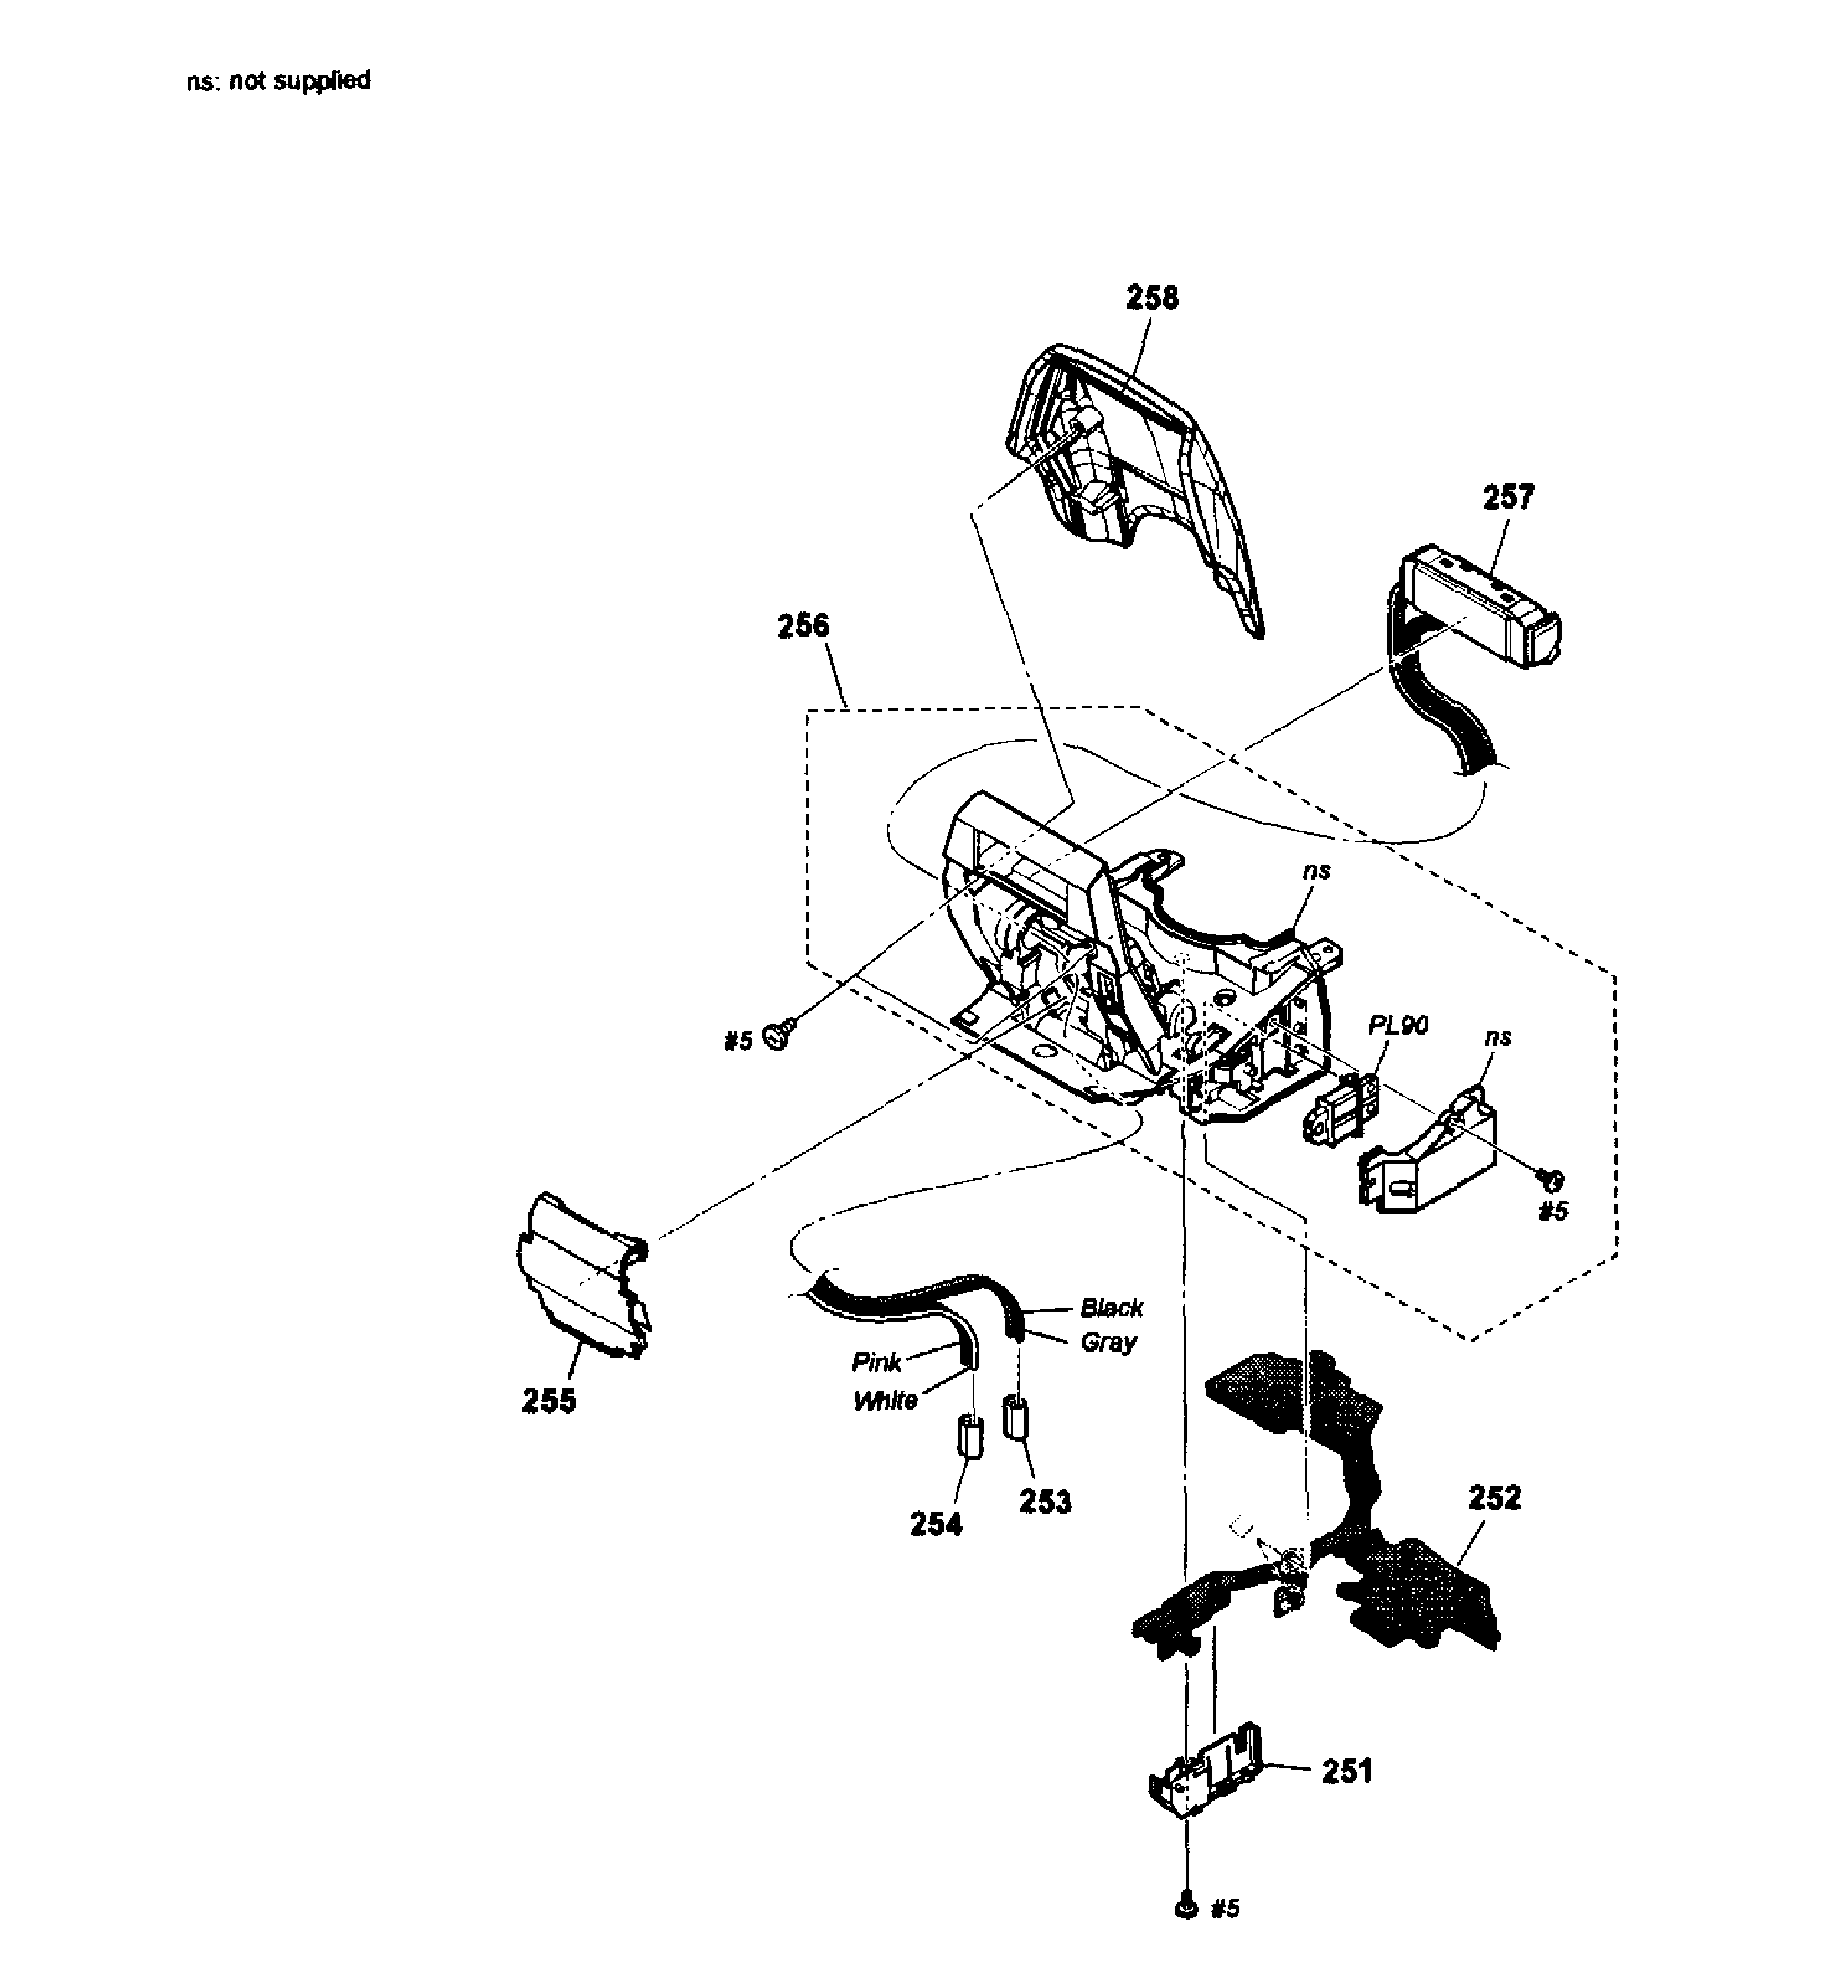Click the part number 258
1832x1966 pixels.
point(1152,298)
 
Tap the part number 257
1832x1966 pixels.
point(1508,496)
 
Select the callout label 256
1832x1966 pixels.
point(803,626)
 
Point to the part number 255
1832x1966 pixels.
point(548,1401)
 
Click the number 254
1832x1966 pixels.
point(935,1524)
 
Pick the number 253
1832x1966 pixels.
point(1045,1501)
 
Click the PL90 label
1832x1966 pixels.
point(1398,1026)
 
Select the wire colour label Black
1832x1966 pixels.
point(1111,1309)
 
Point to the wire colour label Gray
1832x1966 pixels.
point(1108,1342)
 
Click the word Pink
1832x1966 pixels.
point(877,1363)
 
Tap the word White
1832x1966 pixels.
point(885,1401)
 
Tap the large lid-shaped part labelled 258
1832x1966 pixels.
point(1137,475)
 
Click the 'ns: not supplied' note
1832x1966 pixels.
point(278,80)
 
